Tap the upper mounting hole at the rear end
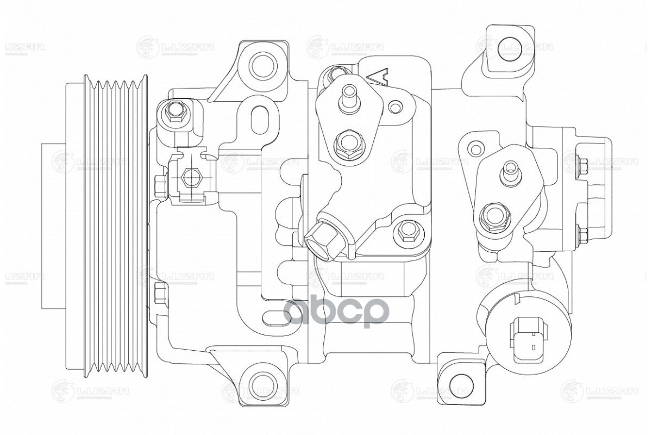pyautogui.click(x=509, y=48)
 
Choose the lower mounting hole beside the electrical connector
pyautogui.click(x=462, y=383)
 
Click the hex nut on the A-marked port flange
pyautogui.click(x=346, y=144)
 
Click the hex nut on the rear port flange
pyautogui.click(x=492, y=216)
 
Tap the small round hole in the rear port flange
pyautogui.click(x=476, y=148)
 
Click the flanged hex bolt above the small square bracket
pyautogui.click(x=175, y=111)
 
